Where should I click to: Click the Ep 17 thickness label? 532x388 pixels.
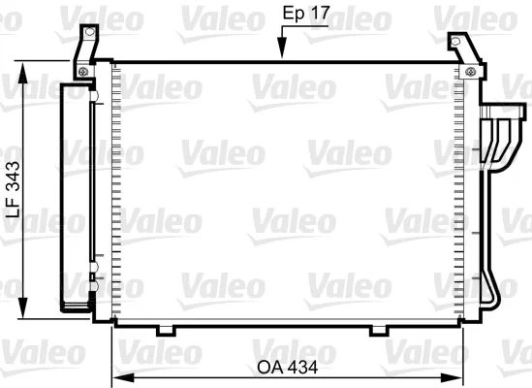[306, 14]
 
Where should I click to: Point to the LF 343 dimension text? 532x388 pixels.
[14, 189]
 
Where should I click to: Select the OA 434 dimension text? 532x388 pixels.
[288, 368]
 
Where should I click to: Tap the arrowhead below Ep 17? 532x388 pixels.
[282, 48]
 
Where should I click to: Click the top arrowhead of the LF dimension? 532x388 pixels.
[22, 73]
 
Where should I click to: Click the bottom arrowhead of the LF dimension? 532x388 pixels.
[22, 307]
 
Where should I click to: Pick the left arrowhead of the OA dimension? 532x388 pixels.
[123, 377]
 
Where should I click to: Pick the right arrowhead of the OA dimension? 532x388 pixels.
[452, 377]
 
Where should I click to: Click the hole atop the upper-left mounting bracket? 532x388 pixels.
[89, 32]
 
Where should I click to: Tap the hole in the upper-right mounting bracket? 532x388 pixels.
[455, 42]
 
